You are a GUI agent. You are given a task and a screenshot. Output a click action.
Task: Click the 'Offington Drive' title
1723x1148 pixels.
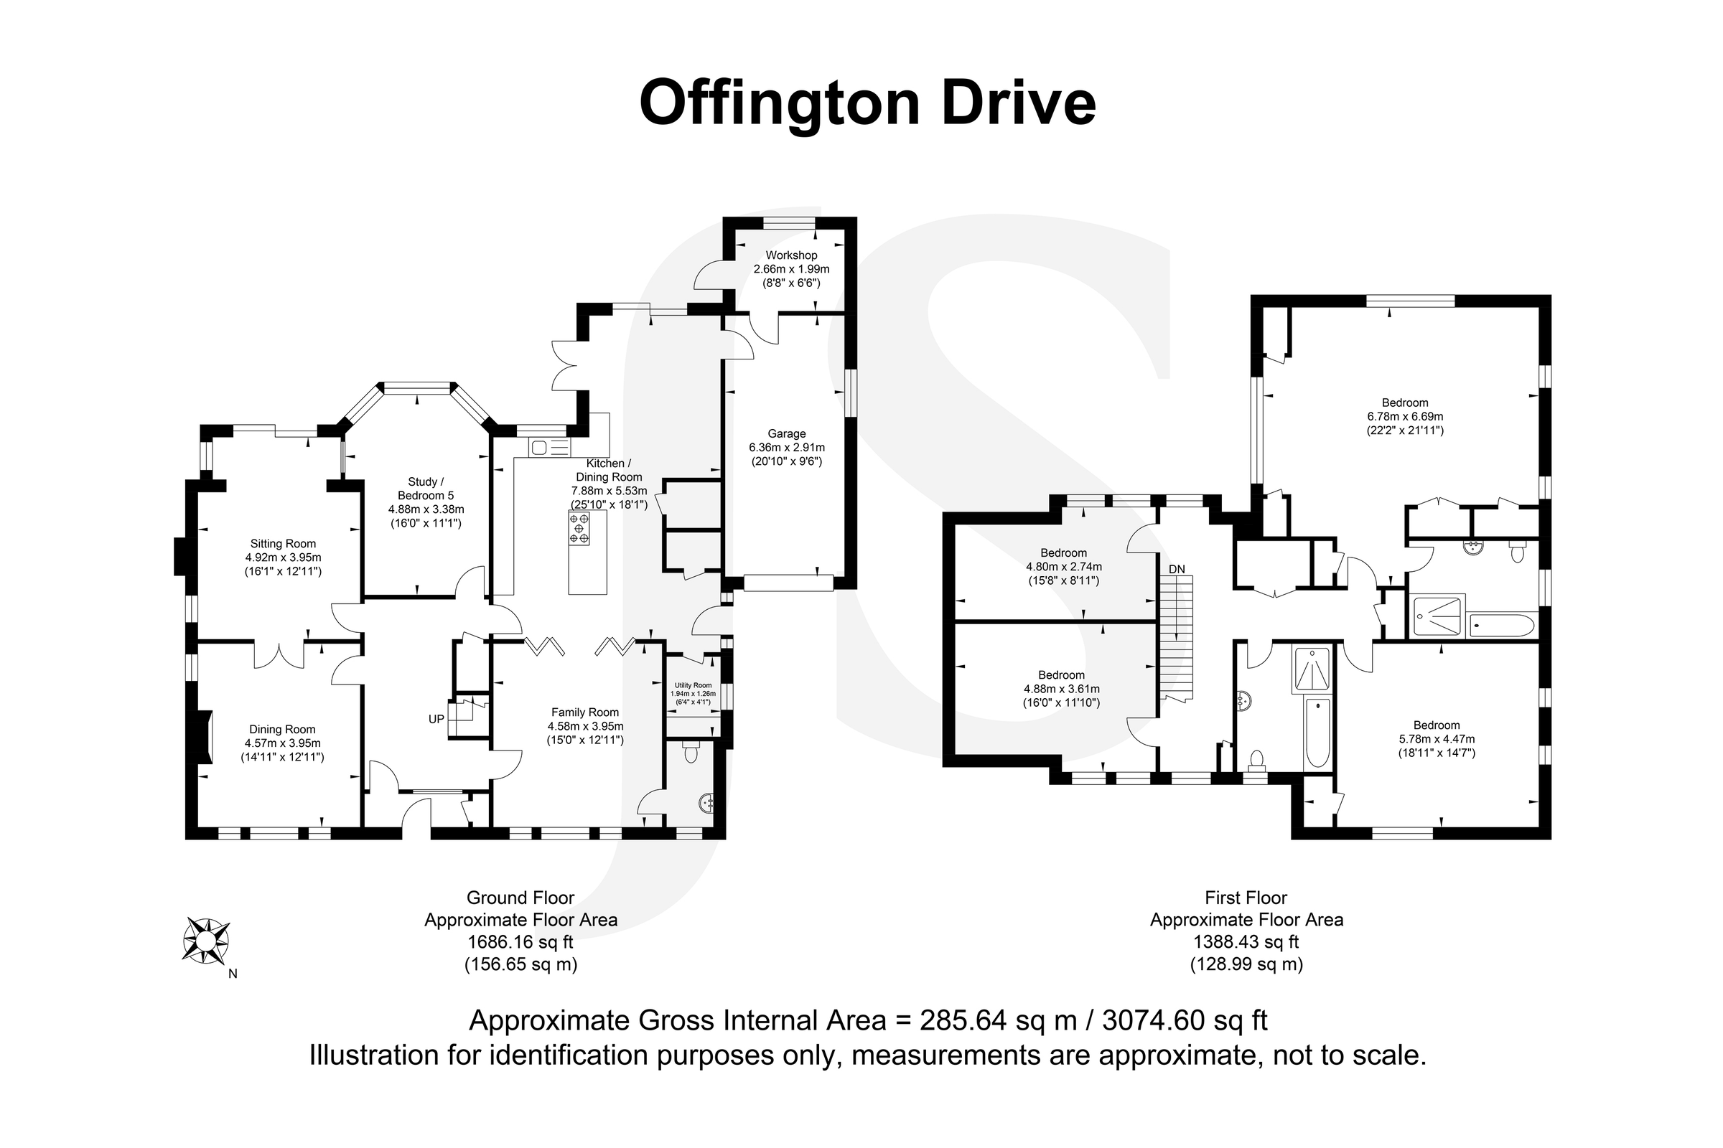(867, 104)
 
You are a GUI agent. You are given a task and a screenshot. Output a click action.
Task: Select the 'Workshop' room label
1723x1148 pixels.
(791, 255)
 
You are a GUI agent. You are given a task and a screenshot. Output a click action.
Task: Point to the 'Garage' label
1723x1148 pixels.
(787, 433)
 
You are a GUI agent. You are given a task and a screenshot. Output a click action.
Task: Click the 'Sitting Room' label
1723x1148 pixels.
(283, 543)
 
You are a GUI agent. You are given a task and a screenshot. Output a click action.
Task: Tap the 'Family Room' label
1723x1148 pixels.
(584, 712)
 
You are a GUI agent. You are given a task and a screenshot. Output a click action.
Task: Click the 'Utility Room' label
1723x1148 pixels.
(693, 685)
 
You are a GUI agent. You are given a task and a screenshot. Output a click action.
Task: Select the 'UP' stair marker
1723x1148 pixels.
(436, 719)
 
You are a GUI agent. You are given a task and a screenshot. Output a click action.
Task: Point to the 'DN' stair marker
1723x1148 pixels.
(1177, 569)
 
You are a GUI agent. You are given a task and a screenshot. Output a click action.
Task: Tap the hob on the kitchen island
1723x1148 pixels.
(579, 528)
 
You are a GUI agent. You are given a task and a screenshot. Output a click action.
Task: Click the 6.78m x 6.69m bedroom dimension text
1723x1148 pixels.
(1405, 417)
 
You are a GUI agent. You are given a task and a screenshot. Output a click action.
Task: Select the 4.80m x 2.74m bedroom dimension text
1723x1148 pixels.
(1064, 567)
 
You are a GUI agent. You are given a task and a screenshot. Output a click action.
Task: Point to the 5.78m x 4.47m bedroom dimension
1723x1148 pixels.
(1437, 740)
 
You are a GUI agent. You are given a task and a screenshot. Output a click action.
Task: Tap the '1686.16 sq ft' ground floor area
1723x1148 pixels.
(521, 942)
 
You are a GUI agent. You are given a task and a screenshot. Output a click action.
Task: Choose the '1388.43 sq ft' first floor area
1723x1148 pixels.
(1246, 942)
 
